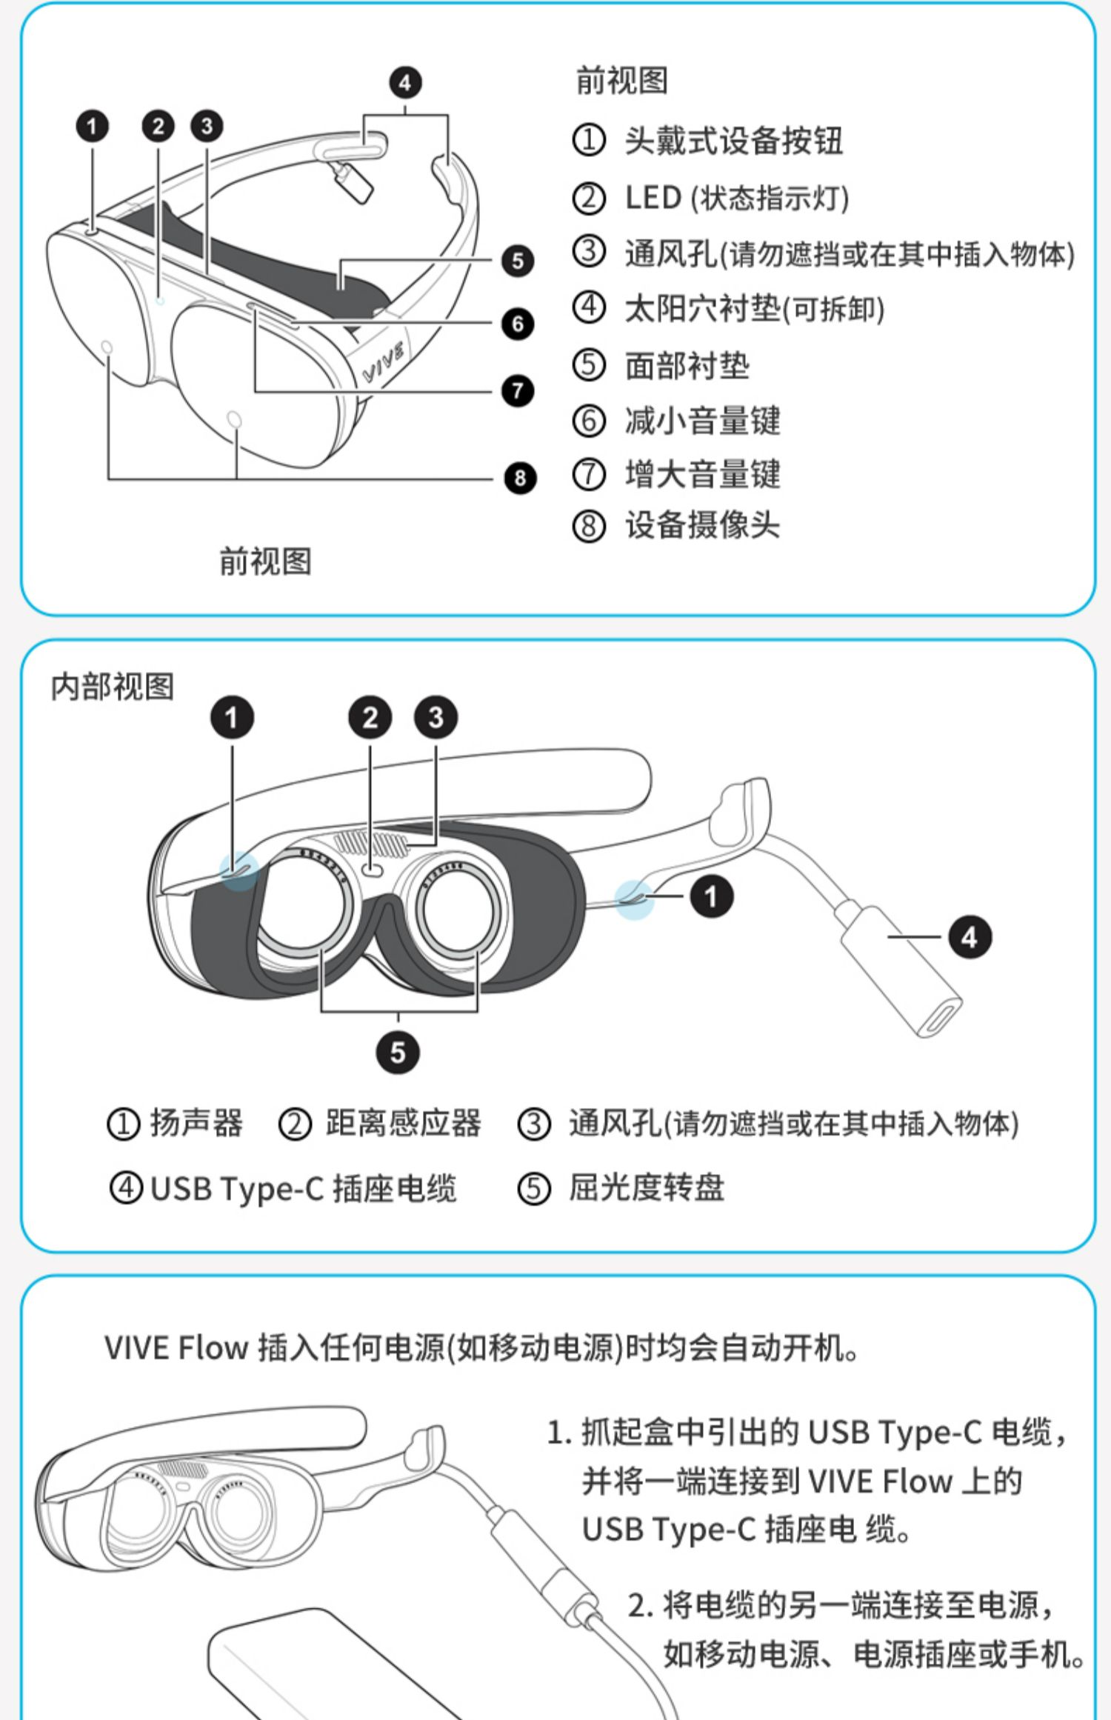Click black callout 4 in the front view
(405, 82)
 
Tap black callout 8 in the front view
(519, 478)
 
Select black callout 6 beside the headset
(517, 324)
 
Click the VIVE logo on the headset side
(384, 362)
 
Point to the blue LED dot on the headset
(160, 300)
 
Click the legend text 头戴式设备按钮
(733, 141)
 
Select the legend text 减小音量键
(702, 421)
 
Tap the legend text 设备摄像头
(702, 526)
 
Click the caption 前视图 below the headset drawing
(265, 561)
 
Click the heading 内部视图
(113, 687)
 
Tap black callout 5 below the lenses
(398, 1053)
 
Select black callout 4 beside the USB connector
(970, 937)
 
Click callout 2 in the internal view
(370, 718)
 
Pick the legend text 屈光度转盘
(646, 1189)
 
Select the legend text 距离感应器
(403, 1124)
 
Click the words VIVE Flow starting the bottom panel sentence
(176, 1348)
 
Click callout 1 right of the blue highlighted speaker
(711, 897)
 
